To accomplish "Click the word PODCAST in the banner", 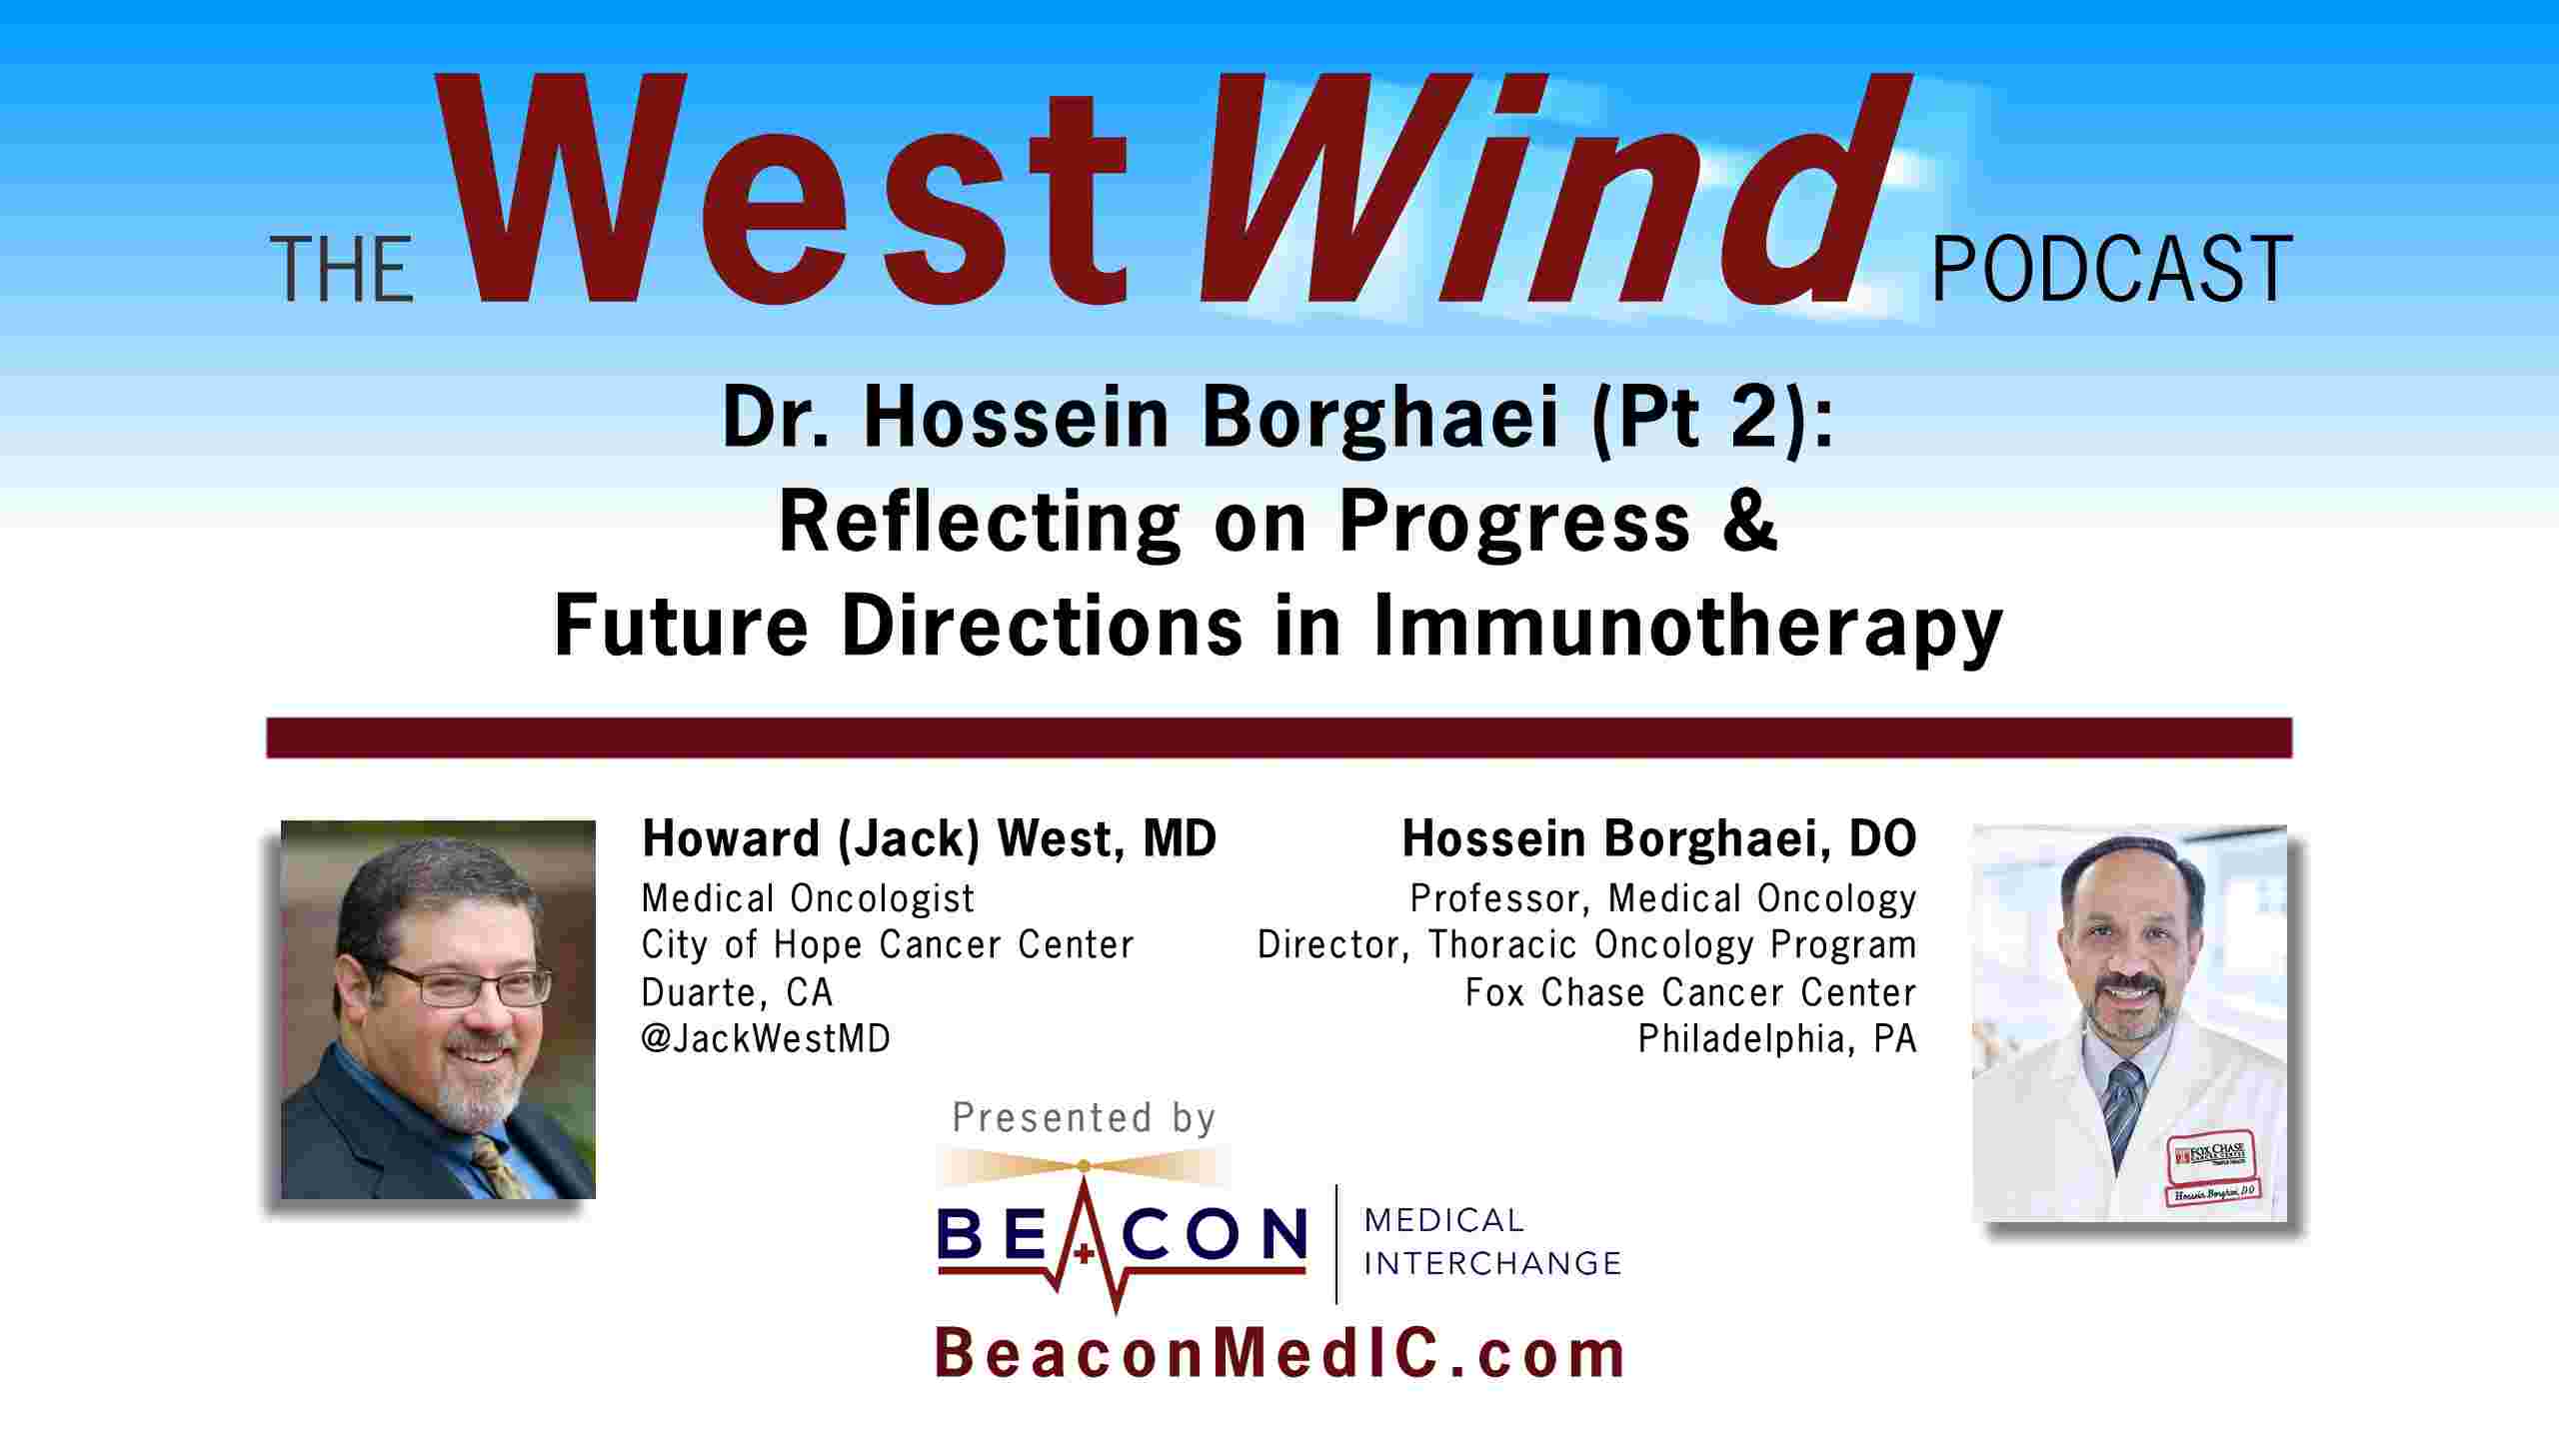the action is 2111,269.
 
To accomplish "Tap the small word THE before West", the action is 342,270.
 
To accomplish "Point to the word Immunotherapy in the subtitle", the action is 1687,628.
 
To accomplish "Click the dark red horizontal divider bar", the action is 1279,737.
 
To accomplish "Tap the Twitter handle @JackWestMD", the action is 766,1039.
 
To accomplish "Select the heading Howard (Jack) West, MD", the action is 929,838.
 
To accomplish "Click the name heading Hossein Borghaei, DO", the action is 1659,838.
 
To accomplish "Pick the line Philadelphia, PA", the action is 1777,1039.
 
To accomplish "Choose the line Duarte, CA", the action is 737,992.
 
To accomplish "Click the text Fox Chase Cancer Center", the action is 1691,992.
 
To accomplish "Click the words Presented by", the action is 1084,1117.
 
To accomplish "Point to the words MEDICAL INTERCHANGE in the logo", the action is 1492,1241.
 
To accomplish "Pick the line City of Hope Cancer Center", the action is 888,944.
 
